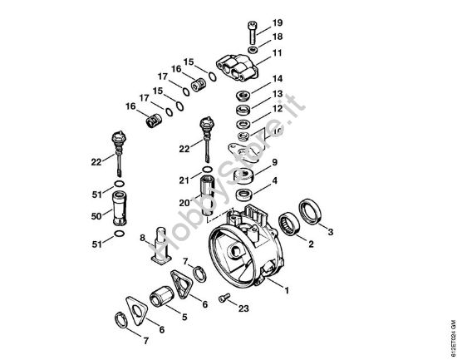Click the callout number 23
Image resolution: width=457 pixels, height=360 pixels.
[x=243, y=308]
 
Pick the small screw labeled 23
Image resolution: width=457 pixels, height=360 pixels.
[x=223, y=298]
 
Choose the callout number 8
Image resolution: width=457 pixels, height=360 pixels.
[x=142, y=239]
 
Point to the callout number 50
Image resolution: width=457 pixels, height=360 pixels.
[x=96, y=216]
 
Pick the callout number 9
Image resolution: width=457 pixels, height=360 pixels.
[x=275, y=162]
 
